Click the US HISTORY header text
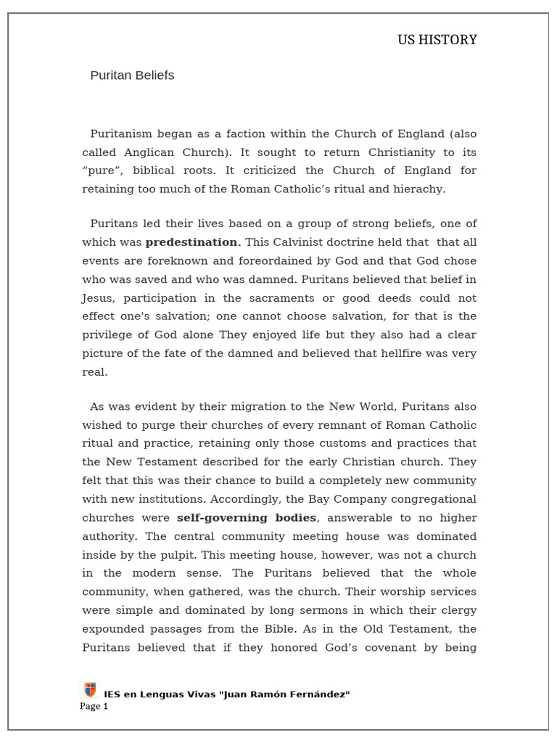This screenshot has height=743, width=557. [437, 40]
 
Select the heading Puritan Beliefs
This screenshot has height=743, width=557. [132, 75]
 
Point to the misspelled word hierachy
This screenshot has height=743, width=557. [420, 189]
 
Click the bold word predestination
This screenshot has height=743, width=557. [193, 242]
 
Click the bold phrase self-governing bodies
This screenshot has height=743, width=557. [247, 517]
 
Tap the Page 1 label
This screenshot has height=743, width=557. [94, 707]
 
